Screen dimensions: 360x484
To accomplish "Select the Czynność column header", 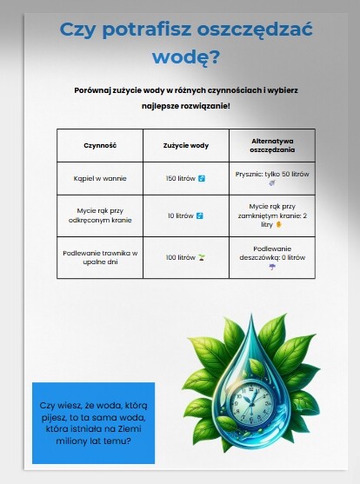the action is click(100, 144).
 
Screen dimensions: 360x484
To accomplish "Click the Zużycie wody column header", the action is click(185, 144).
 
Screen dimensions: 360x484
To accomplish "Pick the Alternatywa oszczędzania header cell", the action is click(272, 144).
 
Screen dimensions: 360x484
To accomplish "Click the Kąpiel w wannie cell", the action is click(100, 178).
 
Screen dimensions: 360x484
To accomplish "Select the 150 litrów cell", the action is click(185, 178).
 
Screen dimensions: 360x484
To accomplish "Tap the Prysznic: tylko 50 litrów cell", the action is click(272, 178).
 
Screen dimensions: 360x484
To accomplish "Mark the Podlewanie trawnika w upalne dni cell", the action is click(100, 257).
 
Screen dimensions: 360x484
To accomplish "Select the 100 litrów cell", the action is click(185, 257).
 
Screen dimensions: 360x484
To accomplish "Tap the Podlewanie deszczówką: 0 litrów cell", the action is click(272, 257).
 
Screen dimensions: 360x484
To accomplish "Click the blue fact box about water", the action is click(93, 422).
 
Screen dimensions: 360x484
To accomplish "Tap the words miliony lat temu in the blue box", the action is click(93, 441).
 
